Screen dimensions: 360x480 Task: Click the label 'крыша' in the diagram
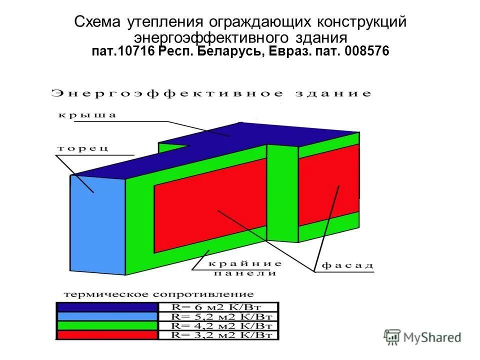[x=88, y=115]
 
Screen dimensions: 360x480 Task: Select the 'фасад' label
[x=347, y=265]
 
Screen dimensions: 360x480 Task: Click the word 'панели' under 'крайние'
[x=245, y=273]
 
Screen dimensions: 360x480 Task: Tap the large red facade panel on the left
[x=210, y=200]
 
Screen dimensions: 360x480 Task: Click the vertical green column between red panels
[x=282, y=190]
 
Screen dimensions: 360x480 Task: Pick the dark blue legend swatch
[x=107, y=307]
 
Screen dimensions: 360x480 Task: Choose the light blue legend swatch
[x=107, y=316]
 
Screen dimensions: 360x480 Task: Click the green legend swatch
[x=107, y=325]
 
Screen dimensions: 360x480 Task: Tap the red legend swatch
[x=107, y=334]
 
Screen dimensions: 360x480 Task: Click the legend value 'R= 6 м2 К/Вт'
[x=217, y=307]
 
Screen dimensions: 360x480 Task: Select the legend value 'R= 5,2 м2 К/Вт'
[x=217, y=316]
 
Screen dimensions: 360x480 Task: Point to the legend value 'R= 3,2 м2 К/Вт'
[x=217, y=334]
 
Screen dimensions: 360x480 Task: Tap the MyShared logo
[x=422, y=336]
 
